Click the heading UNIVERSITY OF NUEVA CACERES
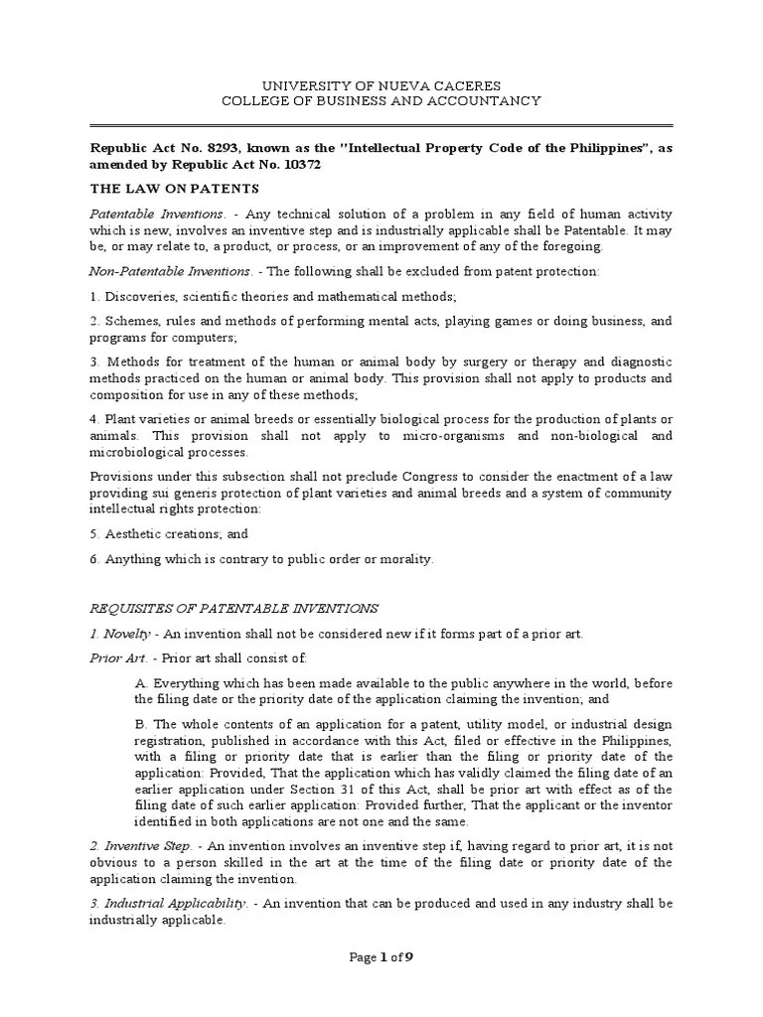[381, 85]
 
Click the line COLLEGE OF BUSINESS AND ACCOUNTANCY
[381, 101]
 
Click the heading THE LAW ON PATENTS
[174, 189]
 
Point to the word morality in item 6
[400, 559]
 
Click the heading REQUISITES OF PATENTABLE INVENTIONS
[234, 608]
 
